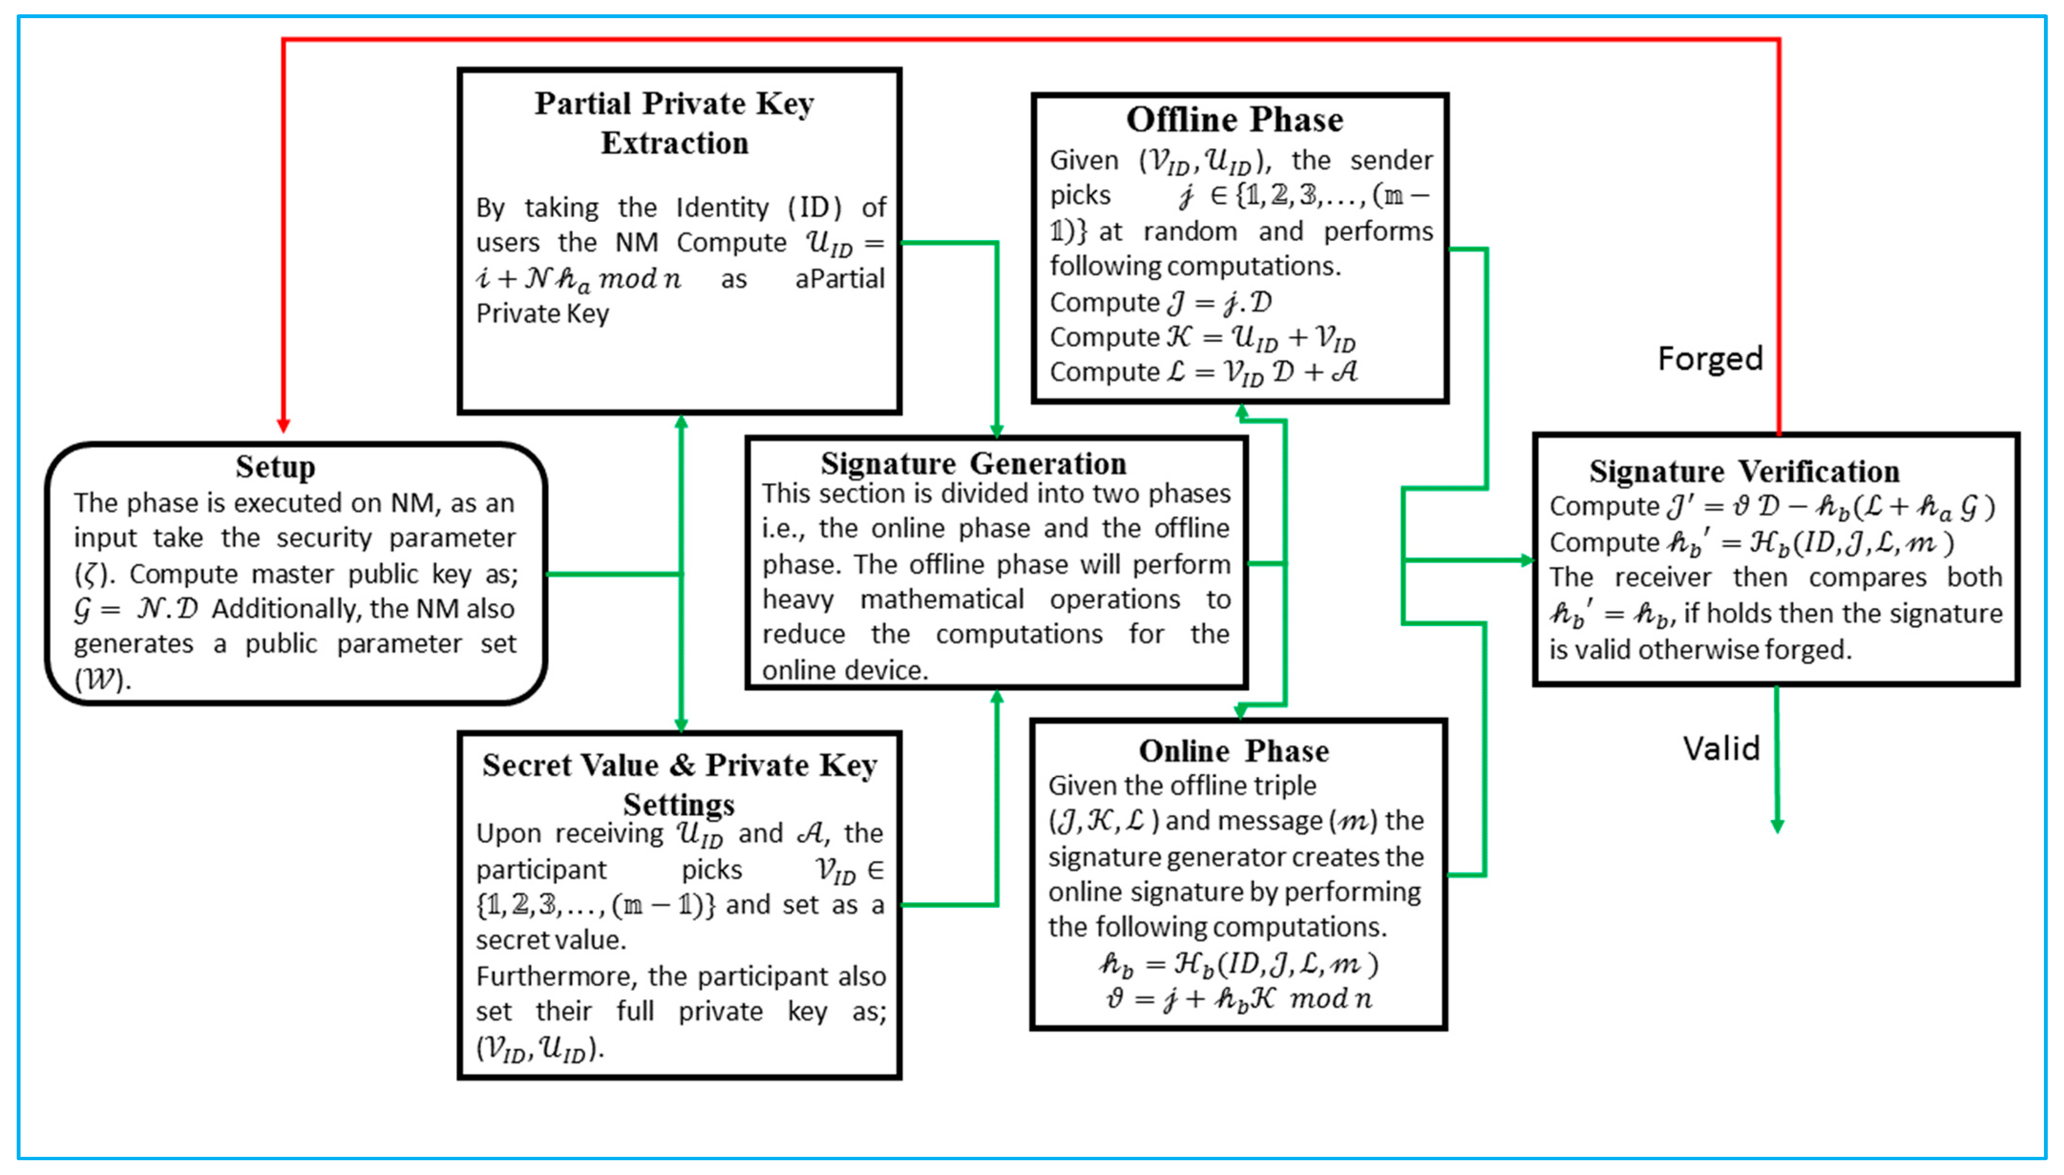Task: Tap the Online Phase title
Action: click(1234, 751)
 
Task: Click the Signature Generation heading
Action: click(973, 464)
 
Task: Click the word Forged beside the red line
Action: click(1710, 358)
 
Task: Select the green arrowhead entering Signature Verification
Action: click(1527, 560)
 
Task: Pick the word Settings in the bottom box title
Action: click(679, 805)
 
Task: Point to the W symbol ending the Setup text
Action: click(100, 680)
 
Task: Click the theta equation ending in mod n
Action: click(1239, 999)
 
